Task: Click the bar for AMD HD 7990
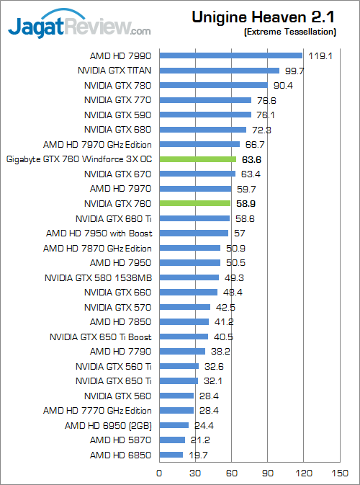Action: (230, 55)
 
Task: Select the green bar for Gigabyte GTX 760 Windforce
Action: (197, 159)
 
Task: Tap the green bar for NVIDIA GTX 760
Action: (194, 204)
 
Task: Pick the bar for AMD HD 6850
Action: (171, 455)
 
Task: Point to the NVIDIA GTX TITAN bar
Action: (219, 70)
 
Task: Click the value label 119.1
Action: (320, 55)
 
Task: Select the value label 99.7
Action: (296, 70)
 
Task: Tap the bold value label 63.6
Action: (253, 159)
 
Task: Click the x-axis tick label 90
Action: (267, 473)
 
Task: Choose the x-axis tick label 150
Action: (340, 473)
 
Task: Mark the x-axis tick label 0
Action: (159, 473)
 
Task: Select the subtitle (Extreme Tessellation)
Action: (289, 32)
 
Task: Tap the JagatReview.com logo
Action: (79, 27)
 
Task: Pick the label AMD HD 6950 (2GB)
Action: (109, 425)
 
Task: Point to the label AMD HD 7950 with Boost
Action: (99, 233)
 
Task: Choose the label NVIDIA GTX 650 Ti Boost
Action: (101, 337)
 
